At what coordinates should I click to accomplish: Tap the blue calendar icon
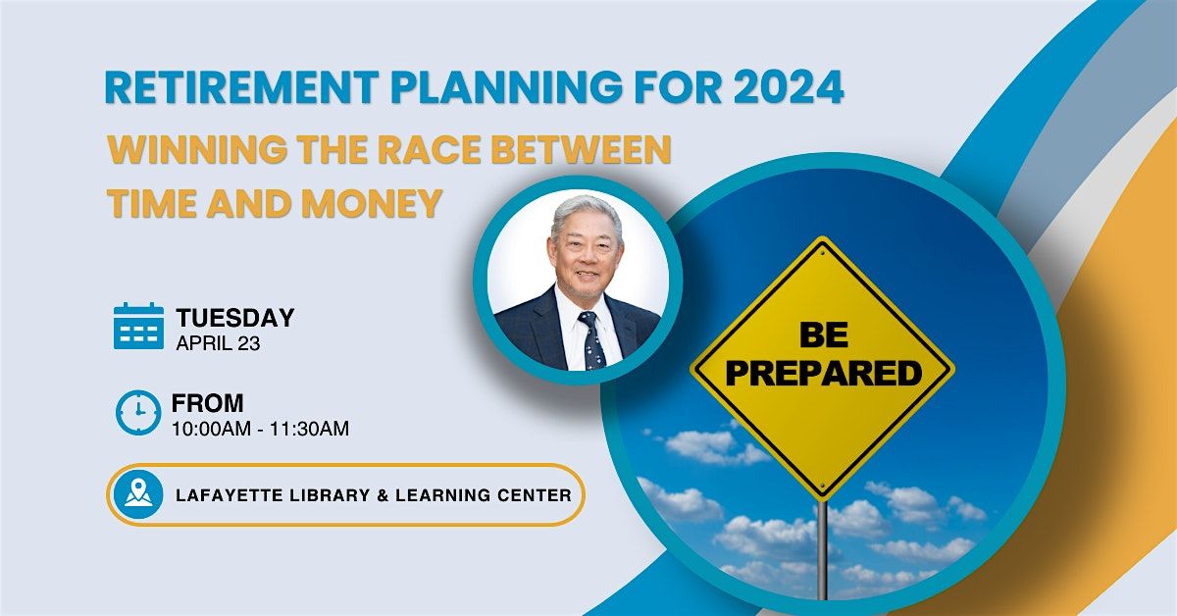pos(138,327)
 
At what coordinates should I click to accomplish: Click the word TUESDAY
pos(235,318)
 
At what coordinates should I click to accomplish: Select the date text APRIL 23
pos(218,343)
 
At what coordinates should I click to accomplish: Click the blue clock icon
pos(138,412)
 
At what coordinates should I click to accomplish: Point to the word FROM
pos(208,403)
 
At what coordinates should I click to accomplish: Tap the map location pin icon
pos(138,494)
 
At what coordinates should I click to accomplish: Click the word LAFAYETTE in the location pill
pos(224,495)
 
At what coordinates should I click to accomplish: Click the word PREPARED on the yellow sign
pos(823,373)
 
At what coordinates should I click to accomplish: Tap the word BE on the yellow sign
pos(823,336)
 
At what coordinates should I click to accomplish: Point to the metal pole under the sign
pos(822,549)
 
